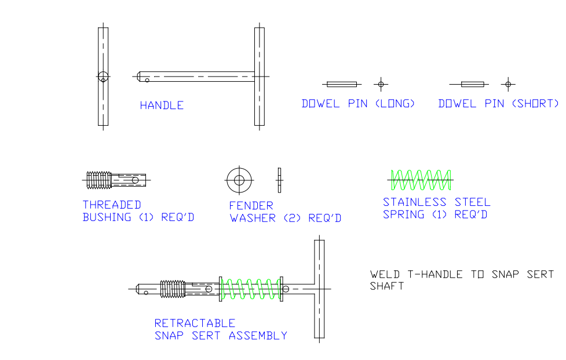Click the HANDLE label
point(162,105)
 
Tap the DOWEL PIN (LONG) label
point(358,104)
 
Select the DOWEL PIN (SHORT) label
point(498,104)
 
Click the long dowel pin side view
point(342,84)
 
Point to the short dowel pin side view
point(473,84)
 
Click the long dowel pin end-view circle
point(381,84)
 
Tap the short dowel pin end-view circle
point(508,84)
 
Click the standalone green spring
point(421,180)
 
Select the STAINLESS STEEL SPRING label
point(436,208)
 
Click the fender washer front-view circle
point(239,180)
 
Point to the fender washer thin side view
point(279,180)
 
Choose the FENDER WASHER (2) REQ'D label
point(285,212)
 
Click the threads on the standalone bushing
point(99,180)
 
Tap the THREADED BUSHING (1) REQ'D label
point(138,211)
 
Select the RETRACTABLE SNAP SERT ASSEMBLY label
point(220,329)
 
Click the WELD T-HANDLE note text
point(461,279)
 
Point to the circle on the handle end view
point(103,77)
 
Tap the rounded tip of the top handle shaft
point(139,76)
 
